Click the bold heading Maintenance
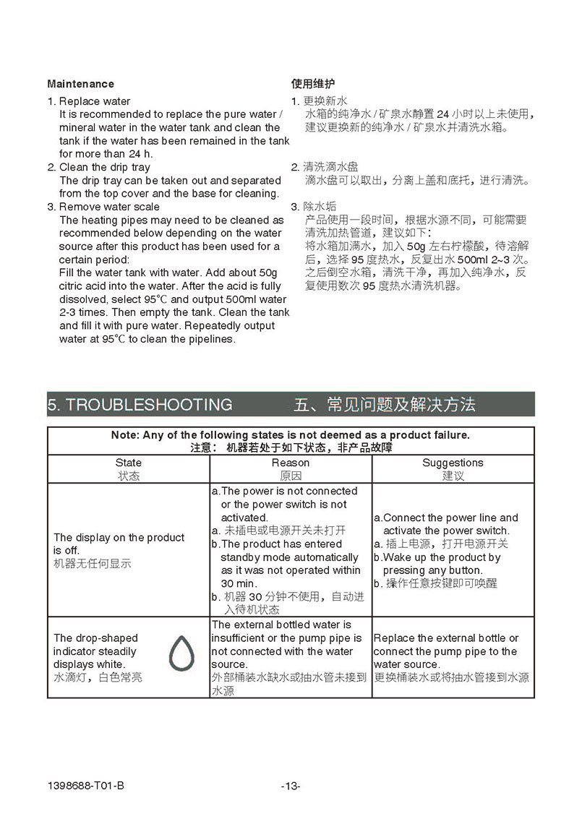[80, 84]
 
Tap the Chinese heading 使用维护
[312, 84]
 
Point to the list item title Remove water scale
[109, 207]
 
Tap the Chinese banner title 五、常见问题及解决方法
[385, 404]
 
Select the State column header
[129, 463]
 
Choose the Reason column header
[291, 463]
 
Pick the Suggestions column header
[453, 463]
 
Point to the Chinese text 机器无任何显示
[93, 564]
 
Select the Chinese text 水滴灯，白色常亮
[98, 677]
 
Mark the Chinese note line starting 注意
[291, 447]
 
